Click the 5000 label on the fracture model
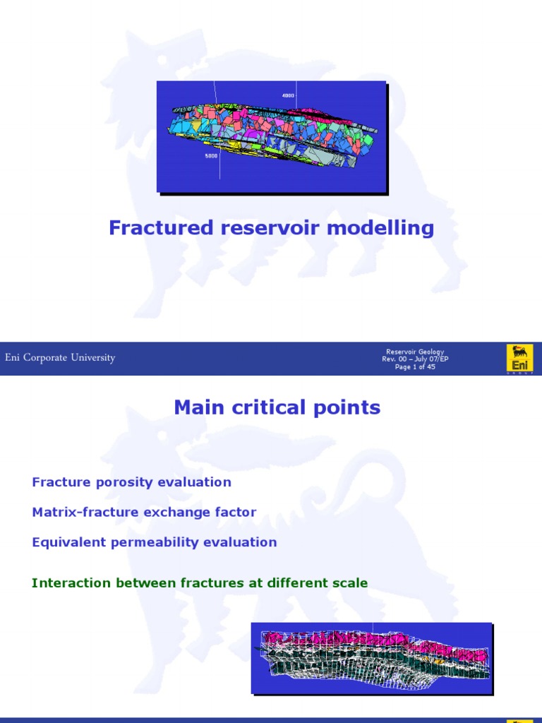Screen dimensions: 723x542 coord(211,156)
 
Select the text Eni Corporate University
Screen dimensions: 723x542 coord(60,358)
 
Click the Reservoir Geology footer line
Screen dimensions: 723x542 coord(415,352)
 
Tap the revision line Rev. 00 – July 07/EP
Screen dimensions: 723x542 coord(415,359)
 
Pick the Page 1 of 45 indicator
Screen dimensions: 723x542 coord(415,367)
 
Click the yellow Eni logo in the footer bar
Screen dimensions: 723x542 coord(520,358)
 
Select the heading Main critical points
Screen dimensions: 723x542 coord(277,407)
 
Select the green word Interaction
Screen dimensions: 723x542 coord(71,583)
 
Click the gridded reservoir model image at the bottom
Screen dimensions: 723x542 coord(372,657)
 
